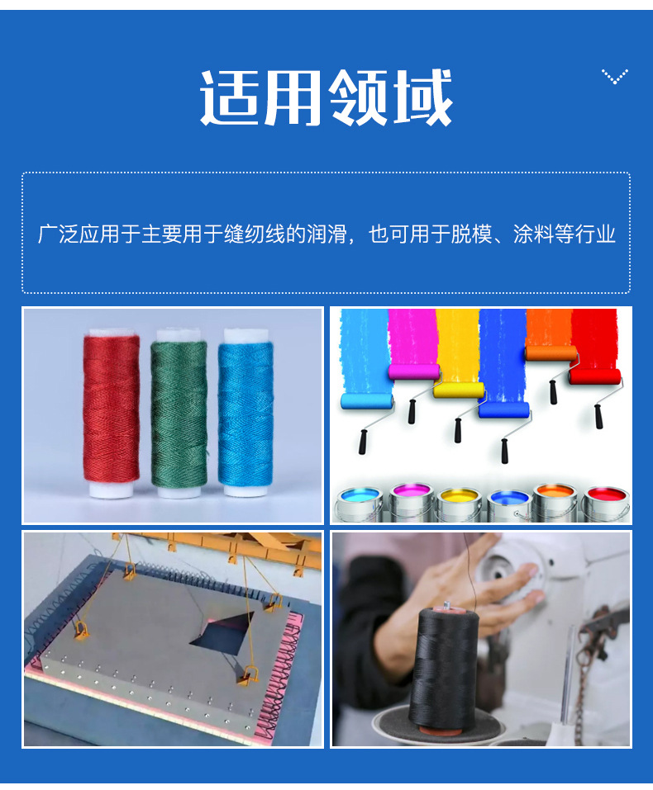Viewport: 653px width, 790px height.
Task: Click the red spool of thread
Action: [x=111, y=413]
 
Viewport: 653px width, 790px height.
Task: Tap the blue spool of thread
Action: [x=245, y=412]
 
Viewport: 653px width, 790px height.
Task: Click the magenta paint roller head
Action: [x=414, y=371]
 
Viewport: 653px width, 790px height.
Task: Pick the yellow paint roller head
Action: [x=459, y=390]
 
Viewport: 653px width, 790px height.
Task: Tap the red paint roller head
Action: [x=594, y=376]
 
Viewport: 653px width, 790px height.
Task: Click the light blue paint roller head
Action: [x=367, y=401]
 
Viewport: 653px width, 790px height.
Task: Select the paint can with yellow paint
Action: [x=459, y=504]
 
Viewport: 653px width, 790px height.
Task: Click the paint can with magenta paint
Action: [x=412, y=502]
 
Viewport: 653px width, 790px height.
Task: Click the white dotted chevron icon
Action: [x=615, y=77]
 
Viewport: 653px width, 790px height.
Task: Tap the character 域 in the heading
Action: [x=422, y=97]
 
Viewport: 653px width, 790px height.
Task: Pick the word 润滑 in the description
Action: [x=327, y=234]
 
